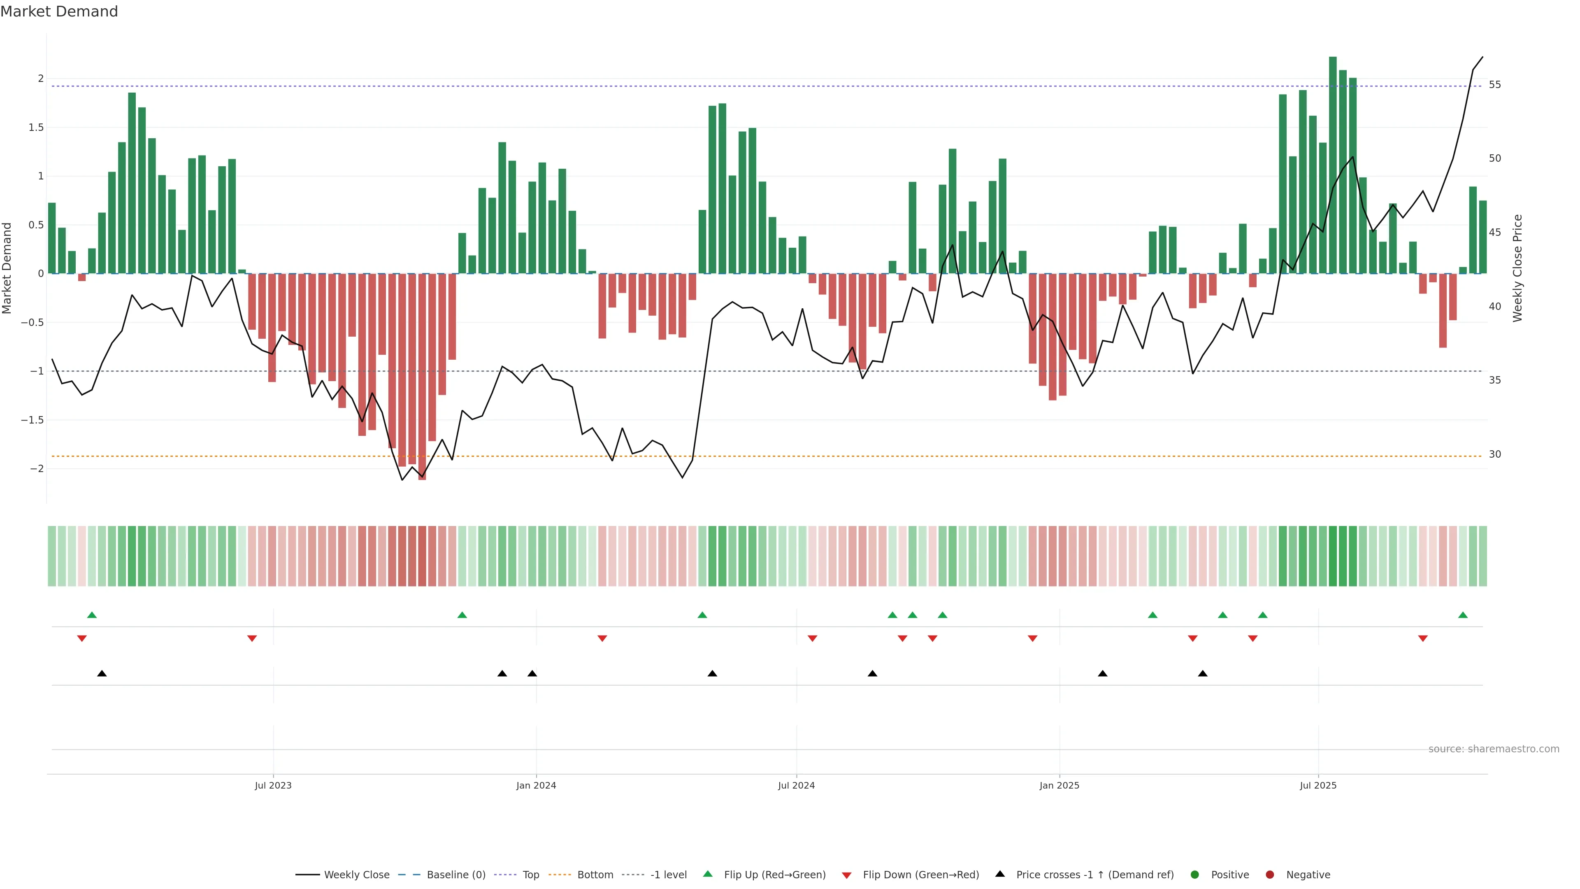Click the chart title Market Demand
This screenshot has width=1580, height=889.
[59, 12]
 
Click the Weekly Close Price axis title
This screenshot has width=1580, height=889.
[1517, 268]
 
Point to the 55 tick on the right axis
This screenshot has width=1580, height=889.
[1495, 85]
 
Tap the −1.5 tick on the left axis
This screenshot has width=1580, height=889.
[32, 420]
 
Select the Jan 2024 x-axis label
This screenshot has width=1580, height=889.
[536, 785]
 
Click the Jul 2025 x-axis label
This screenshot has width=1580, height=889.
[1318, 785]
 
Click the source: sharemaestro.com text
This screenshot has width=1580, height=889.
[1494, 749]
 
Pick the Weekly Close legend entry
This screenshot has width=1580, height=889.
[356, 875]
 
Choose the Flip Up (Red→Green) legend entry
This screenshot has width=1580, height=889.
[774, 875]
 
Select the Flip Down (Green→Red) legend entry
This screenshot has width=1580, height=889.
[920, 875]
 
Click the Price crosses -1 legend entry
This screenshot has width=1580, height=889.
[1094, 875]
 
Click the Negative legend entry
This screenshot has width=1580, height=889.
[1308, 875]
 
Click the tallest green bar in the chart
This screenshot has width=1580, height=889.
[1333, 165]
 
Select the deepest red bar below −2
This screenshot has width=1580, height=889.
[422, 377]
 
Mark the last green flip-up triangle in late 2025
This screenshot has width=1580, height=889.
[1463, 615]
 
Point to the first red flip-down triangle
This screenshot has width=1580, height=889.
[81, 639]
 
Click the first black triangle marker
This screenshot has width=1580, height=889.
[102, 674]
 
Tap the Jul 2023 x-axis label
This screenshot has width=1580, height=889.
[273, 785]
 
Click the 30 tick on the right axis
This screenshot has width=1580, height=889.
[1495, 455]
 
